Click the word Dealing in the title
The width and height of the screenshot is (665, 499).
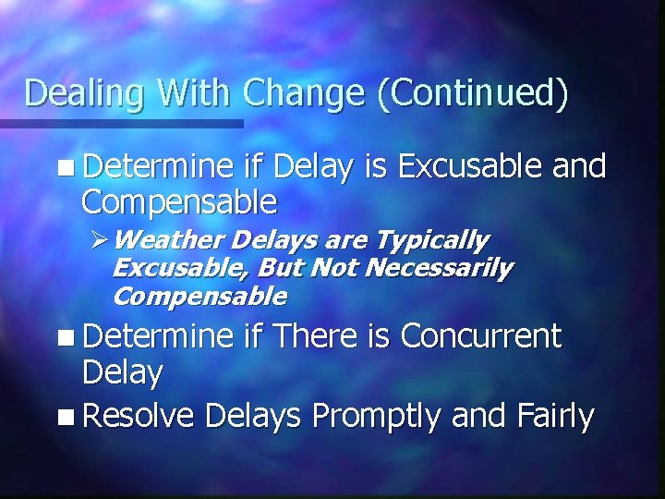(78, 94)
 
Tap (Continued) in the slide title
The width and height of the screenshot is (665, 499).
(472, 94)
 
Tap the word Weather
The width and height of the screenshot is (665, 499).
(168, 241)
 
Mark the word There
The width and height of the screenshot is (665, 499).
(316, 337)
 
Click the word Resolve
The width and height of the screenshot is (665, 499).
(137, 417)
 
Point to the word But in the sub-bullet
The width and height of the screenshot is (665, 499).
(283, 269)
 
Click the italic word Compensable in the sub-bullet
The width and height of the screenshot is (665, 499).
(199, 297)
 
